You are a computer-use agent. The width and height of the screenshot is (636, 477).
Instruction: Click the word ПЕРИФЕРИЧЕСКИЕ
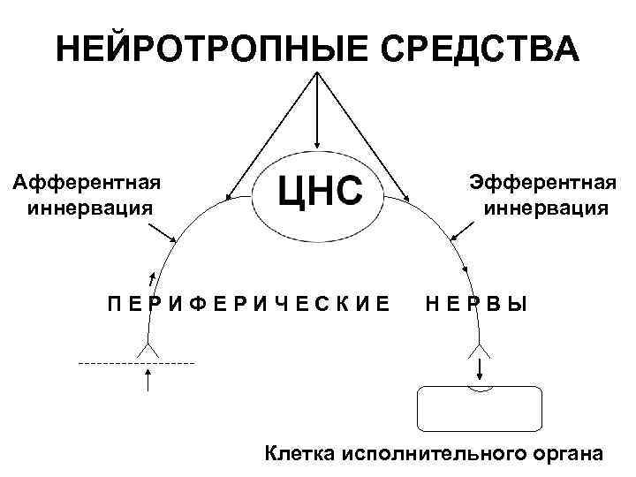[248, 305]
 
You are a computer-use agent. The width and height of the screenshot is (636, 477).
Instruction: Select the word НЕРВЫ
[476, 305]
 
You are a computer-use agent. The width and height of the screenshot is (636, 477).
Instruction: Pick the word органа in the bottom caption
[567, 454]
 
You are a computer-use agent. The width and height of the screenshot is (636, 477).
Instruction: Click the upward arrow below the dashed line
[148, 382]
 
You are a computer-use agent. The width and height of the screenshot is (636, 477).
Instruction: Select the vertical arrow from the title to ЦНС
[316, 110]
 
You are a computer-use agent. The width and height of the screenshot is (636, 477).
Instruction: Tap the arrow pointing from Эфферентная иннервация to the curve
[464, 231]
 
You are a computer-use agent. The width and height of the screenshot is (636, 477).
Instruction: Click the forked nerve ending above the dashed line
[148, 350]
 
